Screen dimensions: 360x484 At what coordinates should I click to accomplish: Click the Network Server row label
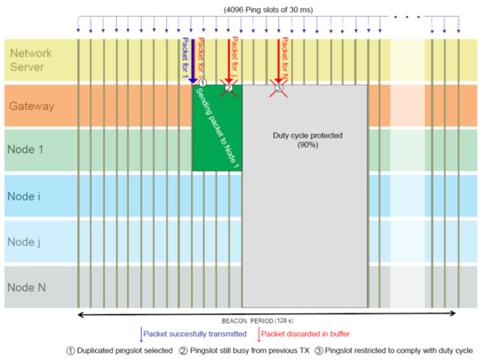pos(32,60)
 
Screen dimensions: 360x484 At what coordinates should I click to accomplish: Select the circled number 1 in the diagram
pos(202,83)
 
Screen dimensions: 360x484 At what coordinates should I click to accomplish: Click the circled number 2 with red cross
pos(228,87)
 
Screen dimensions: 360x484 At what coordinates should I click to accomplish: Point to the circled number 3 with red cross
pos(279,87)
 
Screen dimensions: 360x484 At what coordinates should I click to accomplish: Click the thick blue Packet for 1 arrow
pos(192,62)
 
